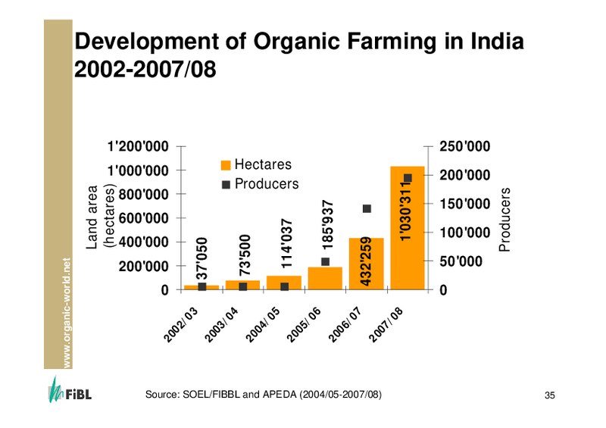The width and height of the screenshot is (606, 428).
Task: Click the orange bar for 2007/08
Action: click(408, 227)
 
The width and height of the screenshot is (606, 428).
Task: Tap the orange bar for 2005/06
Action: click(325, 278)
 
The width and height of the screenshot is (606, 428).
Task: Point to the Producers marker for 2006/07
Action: click(367, 209)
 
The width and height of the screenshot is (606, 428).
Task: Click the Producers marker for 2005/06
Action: click(325, 262)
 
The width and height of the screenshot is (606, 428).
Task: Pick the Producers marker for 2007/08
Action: click(408, 178)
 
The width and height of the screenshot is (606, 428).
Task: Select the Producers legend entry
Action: click(260, 184)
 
